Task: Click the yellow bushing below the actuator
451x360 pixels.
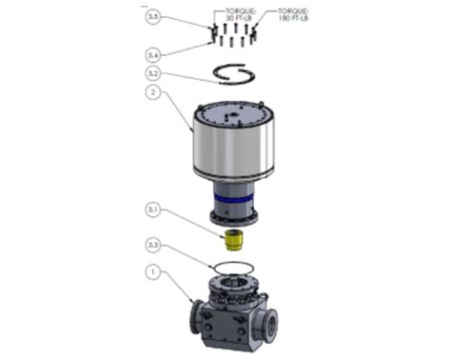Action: pyautogui.click(x=235, y=235)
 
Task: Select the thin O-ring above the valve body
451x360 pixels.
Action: pyautogui.click(x=234, y=260)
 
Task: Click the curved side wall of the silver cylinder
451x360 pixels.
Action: pyautogui.click(x=234, y=152)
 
